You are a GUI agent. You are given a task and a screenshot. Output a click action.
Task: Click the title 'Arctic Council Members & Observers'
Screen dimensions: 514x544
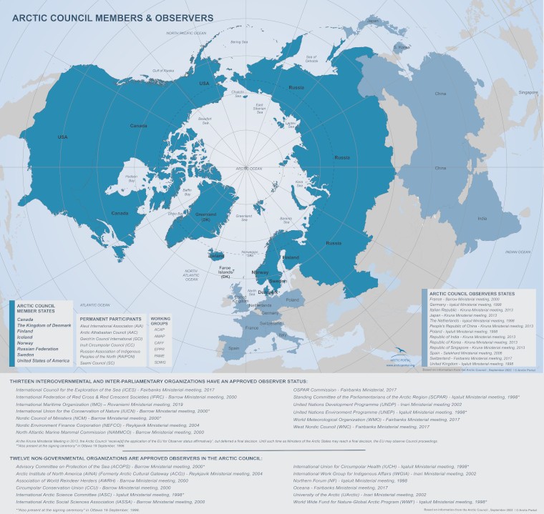[112, 16]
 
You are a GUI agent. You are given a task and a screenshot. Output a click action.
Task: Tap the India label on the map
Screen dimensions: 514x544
[482, 218]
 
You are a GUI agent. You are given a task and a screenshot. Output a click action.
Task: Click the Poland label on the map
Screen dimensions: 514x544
[293, 301]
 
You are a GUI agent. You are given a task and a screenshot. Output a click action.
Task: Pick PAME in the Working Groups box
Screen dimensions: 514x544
[159, 355]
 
